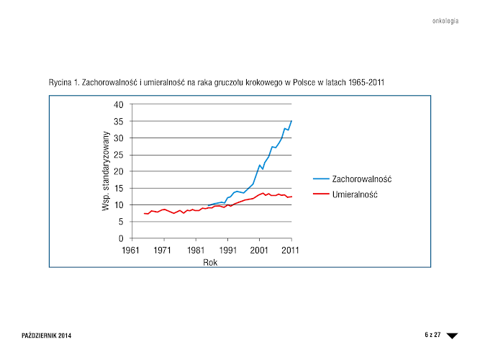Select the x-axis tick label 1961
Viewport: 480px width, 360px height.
[131, 250]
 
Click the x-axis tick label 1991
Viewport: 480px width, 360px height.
[228, 250]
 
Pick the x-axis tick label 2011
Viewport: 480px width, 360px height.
[291, 250]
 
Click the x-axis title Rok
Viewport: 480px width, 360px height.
[210, 263]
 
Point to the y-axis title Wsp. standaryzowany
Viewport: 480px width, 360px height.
[105, 171]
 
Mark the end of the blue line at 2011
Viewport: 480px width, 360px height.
[291, 121]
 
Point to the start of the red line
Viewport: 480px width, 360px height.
[144, 213]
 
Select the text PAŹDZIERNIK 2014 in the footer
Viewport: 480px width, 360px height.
[47, 336]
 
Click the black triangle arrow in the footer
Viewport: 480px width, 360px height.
[452, 336]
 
